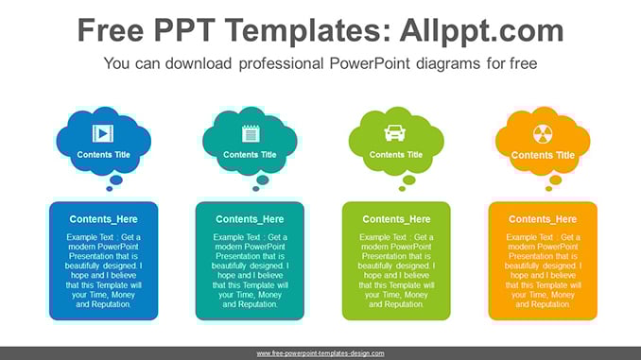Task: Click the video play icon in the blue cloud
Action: click(103, 133)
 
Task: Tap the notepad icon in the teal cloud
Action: click(251, 133)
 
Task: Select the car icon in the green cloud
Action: click(395, 133)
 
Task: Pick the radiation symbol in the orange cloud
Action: click(543, 134)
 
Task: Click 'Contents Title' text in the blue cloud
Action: click(103, 155)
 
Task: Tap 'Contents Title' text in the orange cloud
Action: click(543, 155)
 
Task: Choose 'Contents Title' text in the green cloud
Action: click(396, 155)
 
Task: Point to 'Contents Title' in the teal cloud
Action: click(250, 155)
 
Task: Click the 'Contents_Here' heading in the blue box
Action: click(103, 219)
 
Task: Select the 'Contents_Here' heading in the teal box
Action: click(250, 219)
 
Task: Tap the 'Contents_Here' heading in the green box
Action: click(396, 219)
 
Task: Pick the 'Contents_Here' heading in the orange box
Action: click(543, 219)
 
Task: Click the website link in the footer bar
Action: click(320, 353)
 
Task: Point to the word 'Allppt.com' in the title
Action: click(481, 30)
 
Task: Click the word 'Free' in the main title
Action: click(111, 30)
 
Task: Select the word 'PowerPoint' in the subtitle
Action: click(370, 63)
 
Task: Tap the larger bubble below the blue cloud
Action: click(116, 180)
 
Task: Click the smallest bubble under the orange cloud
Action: click(548, 189)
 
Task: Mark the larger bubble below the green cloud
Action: click(408, 180)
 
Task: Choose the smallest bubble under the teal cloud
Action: click(256, 189)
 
